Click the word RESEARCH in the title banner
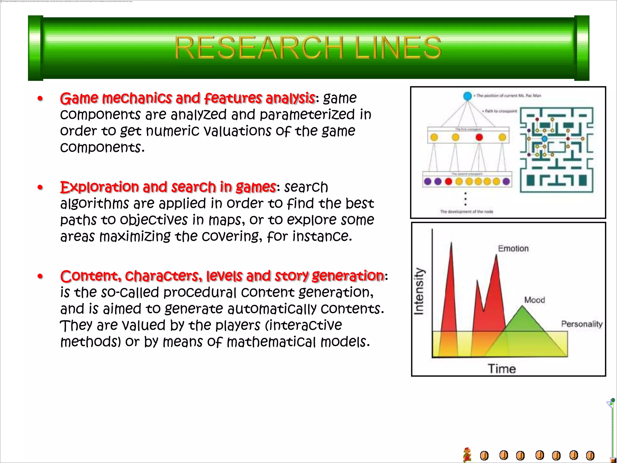(258, 48)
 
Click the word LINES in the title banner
(398, 48)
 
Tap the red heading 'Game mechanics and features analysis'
(187, 98)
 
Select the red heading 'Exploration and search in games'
(168, 187)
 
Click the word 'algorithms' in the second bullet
(95, 204)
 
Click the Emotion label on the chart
(513, 248)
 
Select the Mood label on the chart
(534, 300)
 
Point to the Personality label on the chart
(581, 324)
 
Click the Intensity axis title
(419, 291)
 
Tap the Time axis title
(502, 369)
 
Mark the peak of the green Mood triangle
(522, 307)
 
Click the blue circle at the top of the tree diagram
(467, 96)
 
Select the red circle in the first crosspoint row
(479, 137)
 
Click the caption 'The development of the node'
(466, 212)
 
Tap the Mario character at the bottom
(467, 455)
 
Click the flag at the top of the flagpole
(610, 403)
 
